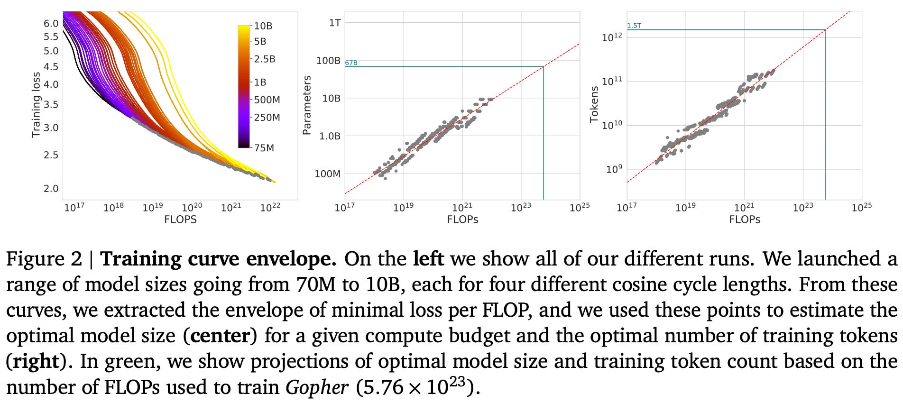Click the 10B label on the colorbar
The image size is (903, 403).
coord(263,26)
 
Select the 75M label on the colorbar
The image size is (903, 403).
coord(264,148)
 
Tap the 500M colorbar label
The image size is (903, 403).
coord(267,100)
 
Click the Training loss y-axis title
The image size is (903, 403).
coord(36,105)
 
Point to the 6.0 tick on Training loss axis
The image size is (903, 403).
coord(51,24)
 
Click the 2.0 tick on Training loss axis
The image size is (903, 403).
coord(51,189)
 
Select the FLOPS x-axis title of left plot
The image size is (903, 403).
coord(180,220)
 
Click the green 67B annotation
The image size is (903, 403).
coord(351,63)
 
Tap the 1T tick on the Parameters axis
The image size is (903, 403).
coord(334,23)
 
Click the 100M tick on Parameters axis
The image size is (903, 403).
coord(327,174)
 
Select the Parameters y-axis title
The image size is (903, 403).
coord(307,105)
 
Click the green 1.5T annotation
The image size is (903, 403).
coord(634,26)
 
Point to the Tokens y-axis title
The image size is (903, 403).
coord(594,105)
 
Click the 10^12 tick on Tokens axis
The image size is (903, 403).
coord(612,37)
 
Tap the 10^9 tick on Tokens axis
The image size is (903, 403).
coord(614,169)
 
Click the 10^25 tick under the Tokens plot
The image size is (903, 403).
coord(861,207)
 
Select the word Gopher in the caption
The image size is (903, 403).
coord(316,388)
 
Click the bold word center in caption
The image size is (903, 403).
coord(220,336)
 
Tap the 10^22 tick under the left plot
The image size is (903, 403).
coord(270,207)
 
